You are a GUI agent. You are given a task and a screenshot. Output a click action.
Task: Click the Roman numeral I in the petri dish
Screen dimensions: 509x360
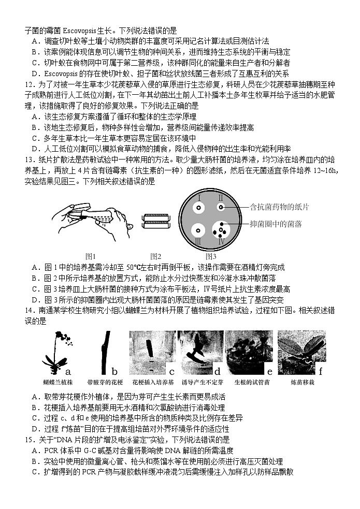coord(199,198)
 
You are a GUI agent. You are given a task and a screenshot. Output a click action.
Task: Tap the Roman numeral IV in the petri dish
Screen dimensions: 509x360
coord(222,241)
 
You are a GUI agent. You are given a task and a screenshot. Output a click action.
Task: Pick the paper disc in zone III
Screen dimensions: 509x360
coord(197,230)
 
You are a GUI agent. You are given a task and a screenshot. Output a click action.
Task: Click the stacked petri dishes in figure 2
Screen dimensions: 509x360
coord(156,221)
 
